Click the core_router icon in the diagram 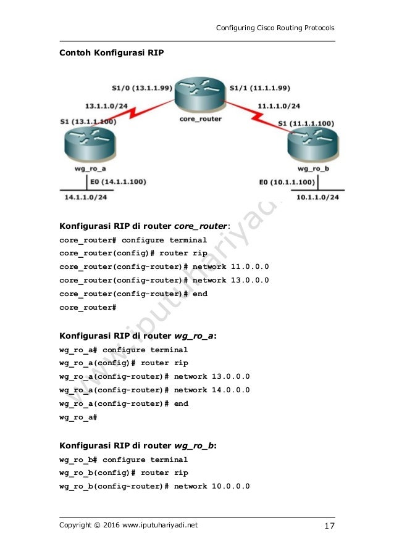coord(199,96)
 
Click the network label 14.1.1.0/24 coord(86,197)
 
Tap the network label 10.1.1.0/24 coord(317,197)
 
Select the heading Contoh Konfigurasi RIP coord(111,52)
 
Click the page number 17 coord(329,526)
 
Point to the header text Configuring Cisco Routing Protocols coord(274,28)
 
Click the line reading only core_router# coord(87,307)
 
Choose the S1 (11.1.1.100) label coord(307,123)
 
